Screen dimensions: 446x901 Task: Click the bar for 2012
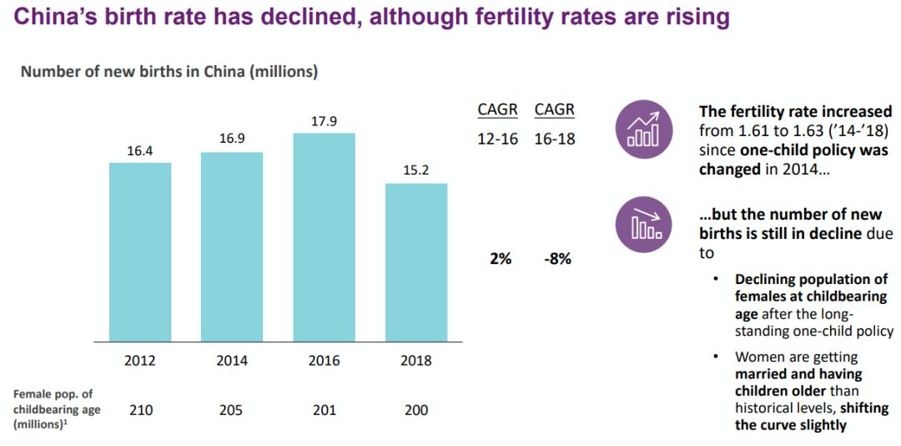140,251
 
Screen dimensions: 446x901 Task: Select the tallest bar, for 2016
324,237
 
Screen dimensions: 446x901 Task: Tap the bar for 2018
415,262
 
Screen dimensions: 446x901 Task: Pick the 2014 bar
232,246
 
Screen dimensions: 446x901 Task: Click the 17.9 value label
324,122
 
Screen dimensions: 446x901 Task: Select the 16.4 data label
140,151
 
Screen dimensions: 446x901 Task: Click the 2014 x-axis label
232,361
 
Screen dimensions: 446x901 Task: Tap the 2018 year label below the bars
415,361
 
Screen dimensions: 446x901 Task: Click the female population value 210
140,410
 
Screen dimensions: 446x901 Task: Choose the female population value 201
324,410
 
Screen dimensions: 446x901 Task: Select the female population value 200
415,410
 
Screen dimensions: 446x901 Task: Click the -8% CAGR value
557,259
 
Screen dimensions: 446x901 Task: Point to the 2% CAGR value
501,259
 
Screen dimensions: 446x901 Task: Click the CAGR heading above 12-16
497,110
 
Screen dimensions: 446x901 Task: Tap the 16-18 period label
555,139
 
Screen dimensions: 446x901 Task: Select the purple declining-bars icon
643,225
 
